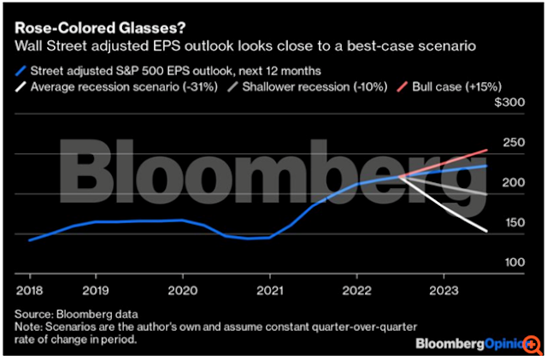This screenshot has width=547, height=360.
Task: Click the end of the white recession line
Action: point(487,231)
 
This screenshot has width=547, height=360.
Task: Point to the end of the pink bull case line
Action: point(487,150)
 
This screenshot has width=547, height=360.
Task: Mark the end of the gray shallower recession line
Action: point(487,194)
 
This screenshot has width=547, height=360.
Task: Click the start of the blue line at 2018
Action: point(29,240)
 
